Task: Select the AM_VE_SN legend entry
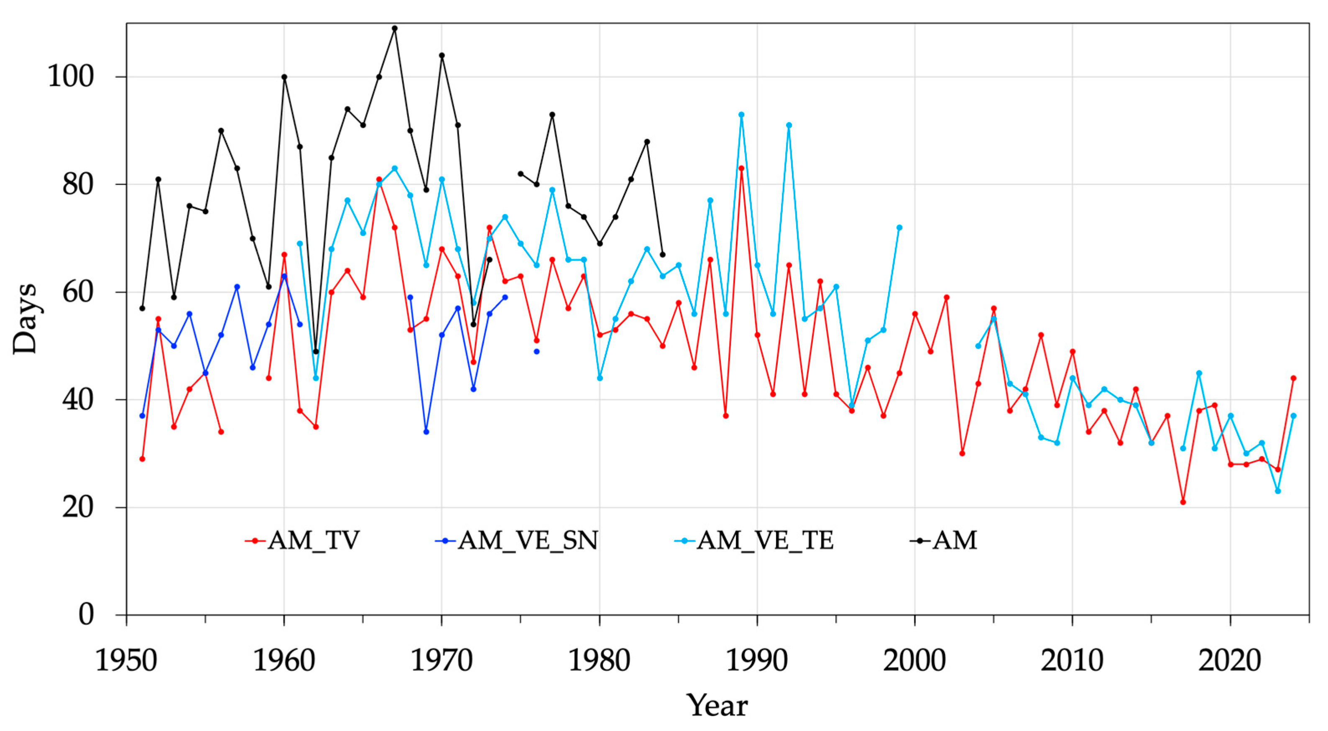517,541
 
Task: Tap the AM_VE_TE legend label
754,541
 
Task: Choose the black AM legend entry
945,541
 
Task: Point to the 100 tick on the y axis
71,77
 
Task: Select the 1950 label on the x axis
126,660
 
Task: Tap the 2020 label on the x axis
1230,660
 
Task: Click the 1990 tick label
757,660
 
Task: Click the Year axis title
717,706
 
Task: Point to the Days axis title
25,319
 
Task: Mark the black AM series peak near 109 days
395,28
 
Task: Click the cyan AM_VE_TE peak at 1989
741,115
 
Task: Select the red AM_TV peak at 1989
741,168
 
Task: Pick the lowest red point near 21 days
1183,501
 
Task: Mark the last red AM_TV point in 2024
1293,378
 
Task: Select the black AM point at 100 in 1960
284,77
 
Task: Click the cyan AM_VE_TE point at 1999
899,227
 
